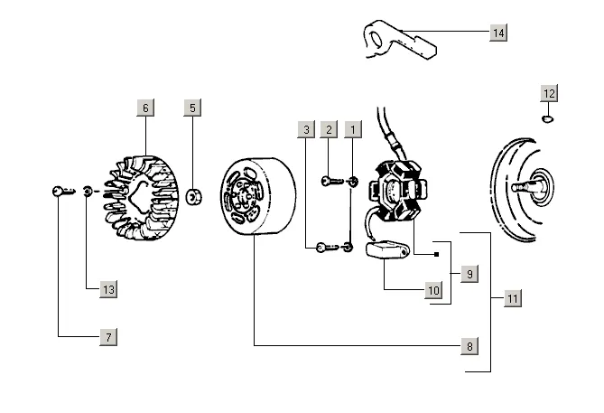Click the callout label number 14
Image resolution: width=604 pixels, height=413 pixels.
coord(498,33)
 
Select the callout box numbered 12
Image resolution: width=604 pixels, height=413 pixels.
coord(549,93)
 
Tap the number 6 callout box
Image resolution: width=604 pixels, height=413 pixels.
coord(145,108)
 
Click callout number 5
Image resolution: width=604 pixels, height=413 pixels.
coord(192,108)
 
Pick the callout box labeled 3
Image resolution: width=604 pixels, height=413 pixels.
coord(306,129)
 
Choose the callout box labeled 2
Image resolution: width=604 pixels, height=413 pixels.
coord(329,129)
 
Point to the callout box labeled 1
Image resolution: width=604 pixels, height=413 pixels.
coord(353,129)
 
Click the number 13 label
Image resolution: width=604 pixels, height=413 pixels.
coord(108,289)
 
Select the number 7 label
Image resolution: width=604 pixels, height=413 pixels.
coord(108,337)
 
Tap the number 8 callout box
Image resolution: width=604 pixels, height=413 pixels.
coord(469,346)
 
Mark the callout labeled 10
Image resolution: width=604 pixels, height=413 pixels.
coord(433,290)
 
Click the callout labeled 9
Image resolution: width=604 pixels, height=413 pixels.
coord(469,274)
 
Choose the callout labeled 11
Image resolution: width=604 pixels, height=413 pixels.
coord(513,298)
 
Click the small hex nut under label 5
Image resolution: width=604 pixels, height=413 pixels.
coord(193,197)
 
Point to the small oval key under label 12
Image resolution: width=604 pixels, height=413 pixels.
coord(547,118)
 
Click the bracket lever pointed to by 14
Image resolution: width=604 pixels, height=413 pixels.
coord(401,41)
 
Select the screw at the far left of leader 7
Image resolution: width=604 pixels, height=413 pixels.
coord(63,191)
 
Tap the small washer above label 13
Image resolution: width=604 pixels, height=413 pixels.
coord(88,191)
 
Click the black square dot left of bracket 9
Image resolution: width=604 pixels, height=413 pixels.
coord(436,255)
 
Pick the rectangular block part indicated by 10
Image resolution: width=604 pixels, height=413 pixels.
coord(386,250)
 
